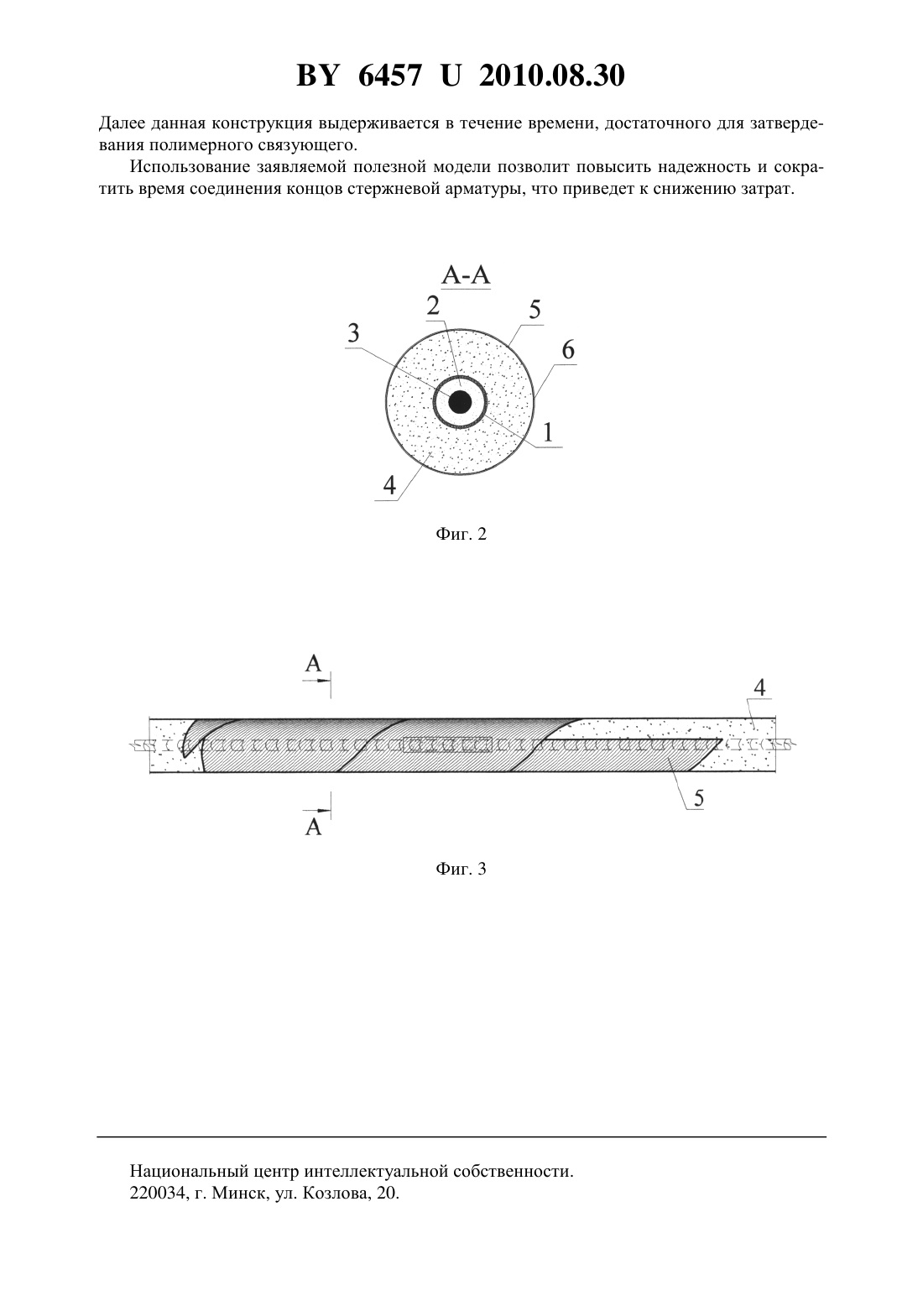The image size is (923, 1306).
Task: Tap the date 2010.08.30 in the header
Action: coord(552,76)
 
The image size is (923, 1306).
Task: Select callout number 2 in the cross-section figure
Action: coord(433,305)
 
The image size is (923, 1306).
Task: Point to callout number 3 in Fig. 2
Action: coord(353,333)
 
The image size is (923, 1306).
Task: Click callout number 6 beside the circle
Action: coord(568,350)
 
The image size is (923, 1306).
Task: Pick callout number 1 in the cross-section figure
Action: coord(548,432)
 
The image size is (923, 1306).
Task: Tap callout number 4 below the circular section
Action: coord(389,485)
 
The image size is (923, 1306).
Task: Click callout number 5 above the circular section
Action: coord(535,309)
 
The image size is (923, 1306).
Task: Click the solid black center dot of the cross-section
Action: coord(461,402)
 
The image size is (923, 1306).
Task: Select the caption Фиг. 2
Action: coord(461,534)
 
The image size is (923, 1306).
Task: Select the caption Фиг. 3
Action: coord(461,870)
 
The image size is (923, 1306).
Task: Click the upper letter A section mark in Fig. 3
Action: coord(314,663)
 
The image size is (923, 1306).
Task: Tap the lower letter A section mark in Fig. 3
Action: coord(314,827)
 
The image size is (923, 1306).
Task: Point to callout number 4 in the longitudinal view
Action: coord(759,688)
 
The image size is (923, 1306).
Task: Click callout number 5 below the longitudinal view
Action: coord(699,797)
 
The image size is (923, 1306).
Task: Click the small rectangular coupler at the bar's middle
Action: coord(447,744)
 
